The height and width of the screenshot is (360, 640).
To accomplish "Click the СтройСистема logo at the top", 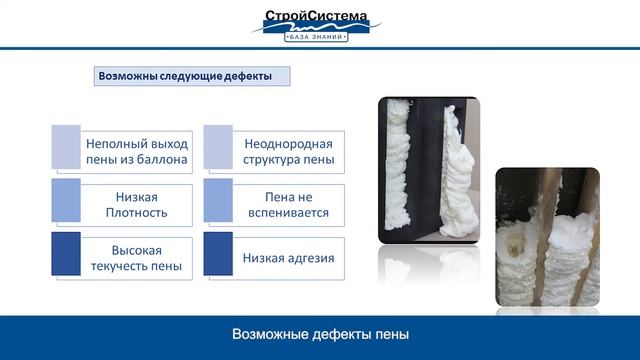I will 316,18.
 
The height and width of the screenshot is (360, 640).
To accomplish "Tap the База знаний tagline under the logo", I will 317,37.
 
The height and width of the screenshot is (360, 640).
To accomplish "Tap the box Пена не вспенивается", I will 288,205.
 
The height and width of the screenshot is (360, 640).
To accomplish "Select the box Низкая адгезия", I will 288,258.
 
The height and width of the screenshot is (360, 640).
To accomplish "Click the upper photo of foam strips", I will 428,169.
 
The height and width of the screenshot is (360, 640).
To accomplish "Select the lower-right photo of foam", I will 547,237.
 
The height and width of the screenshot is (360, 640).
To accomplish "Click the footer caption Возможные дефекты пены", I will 320,333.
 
